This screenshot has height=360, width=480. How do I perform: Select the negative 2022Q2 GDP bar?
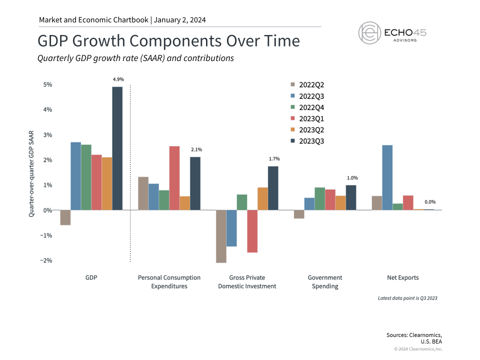(x=65, y=217)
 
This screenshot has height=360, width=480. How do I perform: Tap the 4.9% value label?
(x=117, y=79)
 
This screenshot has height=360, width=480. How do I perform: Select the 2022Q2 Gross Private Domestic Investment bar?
(x=221, y=236)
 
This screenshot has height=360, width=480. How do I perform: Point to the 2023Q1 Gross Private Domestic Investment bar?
(x=252, y=231)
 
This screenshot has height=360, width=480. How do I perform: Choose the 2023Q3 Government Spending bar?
(x=351, y=197)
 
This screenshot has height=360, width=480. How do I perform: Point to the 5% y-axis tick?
(x=47, y=84)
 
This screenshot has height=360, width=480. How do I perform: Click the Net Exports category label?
(x=403, y=277)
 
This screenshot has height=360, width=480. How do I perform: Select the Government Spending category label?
(x=325, y=282)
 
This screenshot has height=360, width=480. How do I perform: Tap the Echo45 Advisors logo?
(x=392, y=32)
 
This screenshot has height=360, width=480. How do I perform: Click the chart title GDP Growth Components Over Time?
(x=168, y=40)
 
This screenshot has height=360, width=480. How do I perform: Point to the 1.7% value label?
(x=274, y=158)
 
